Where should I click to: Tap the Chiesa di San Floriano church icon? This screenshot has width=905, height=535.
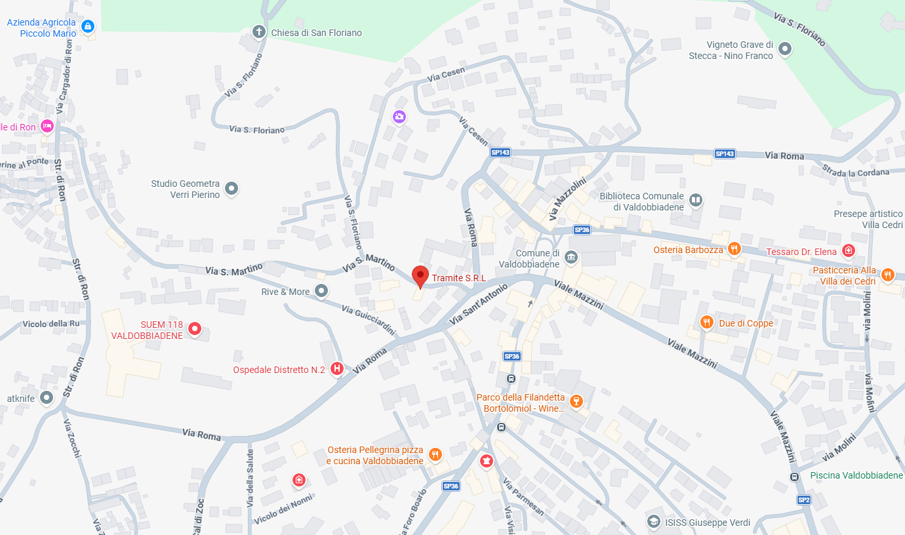point(260,31)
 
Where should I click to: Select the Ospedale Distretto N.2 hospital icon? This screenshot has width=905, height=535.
point(337,369)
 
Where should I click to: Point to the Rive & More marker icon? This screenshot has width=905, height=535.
point(321,290)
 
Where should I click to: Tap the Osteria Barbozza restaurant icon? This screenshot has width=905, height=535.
point(734,249)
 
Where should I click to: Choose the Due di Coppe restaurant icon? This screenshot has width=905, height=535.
point(706,322)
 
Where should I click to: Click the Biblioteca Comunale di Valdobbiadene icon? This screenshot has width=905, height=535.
point(696,199)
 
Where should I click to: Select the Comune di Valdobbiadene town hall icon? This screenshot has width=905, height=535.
point(571,256)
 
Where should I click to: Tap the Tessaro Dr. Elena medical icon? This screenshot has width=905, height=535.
point(849,250)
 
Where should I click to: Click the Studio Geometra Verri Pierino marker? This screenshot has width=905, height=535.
point(231,189)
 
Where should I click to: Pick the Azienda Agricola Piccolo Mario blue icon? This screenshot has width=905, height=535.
point(88,26)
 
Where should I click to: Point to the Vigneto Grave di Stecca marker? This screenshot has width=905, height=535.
point(784,49)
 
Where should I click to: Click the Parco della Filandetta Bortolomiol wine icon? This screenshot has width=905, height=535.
point(576,401)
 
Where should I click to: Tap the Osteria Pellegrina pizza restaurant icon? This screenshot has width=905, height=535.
point(434,454)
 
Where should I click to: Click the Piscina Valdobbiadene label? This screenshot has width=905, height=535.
point(856,475)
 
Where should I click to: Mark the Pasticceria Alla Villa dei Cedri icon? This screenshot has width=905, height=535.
point(887,275)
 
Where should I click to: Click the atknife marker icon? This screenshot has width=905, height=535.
point(46,397)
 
